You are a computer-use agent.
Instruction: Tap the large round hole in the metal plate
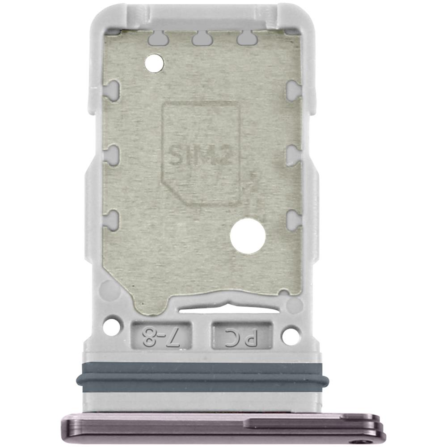(x=248, y=236)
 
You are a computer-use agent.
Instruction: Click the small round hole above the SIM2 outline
(x=154, y=63)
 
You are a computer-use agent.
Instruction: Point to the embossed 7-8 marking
(x=161, y=336)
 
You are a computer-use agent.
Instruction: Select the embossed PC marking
(x=241, y=337)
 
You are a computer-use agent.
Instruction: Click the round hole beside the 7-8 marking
(x=111, y=326)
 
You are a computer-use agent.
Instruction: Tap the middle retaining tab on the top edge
(x=202, y=39)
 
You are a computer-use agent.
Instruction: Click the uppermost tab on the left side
(x=112, y=90)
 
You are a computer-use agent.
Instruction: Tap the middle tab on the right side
(x=293, y=155)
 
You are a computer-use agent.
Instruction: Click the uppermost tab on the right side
(x=293, y=90)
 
